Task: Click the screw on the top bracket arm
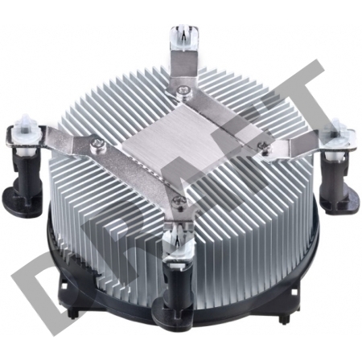click(183, 91)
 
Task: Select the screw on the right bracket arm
click(263, 147)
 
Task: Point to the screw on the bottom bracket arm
click(179, 200)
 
